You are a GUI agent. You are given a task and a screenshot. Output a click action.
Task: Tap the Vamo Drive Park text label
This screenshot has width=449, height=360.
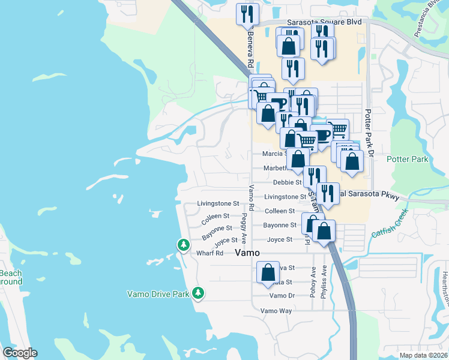[158, 294]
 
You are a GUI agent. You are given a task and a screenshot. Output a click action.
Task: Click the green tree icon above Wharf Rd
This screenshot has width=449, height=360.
[183, 245]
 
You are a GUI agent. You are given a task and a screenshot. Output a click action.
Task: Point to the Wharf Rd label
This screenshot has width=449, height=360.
[209, 253]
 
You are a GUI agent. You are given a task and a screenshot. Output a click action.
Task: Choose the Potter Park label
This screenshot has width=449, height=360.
[408, 159]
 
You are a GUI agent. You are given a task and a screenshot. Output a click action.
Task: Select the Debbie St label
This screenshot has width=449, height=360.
[287, 182]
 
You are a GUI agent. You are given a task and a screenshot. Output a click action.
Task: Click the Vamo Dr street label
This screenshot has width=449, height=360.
[282, 296]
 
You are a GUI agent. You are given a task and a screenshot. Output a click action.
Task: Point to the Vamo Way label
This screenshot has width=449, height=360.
[276, 311]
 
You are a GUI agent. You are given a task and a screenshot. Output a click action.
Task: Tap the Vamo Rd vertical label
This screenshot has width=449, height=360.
[252, 198]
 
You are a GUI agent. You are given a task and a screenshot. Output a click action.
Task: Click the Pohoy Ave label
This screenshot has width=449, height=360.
[313, 280]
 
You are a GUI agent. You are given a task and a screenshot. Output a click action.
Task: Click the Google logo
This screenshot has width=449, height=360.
[20, 353]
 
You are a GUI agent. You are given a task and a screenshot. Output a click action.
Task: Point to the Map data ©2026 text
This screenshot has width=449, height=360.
[423, 355]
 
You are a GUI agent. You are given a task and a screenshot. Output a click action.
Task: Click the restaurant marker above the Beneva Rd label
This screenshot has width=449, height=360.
[247, 14]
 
